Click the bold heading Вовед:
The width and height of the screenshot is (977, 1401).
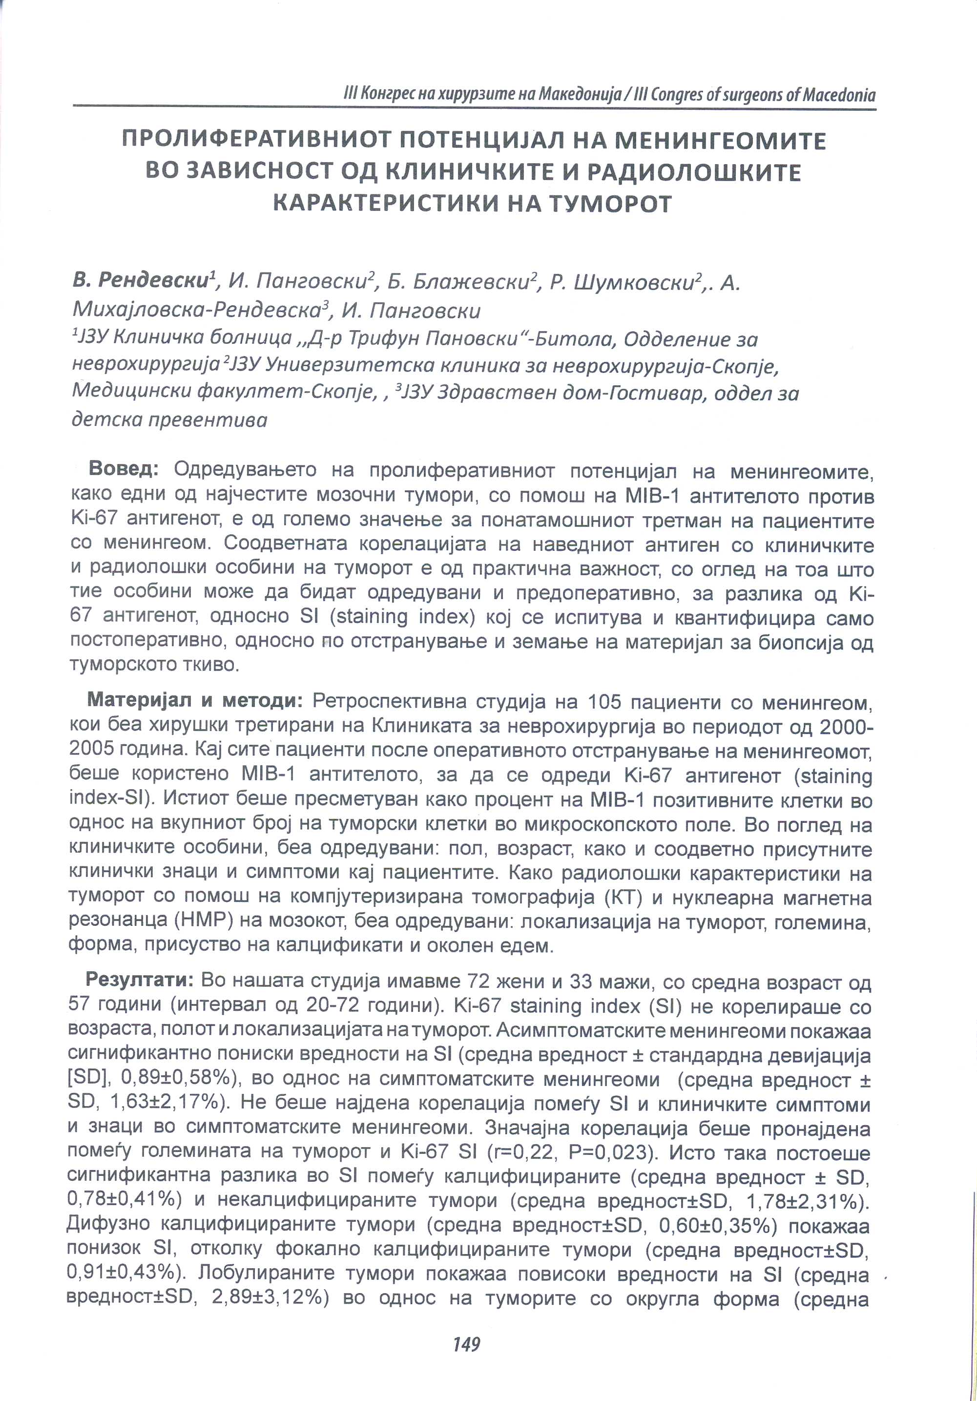click(124, 469)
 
